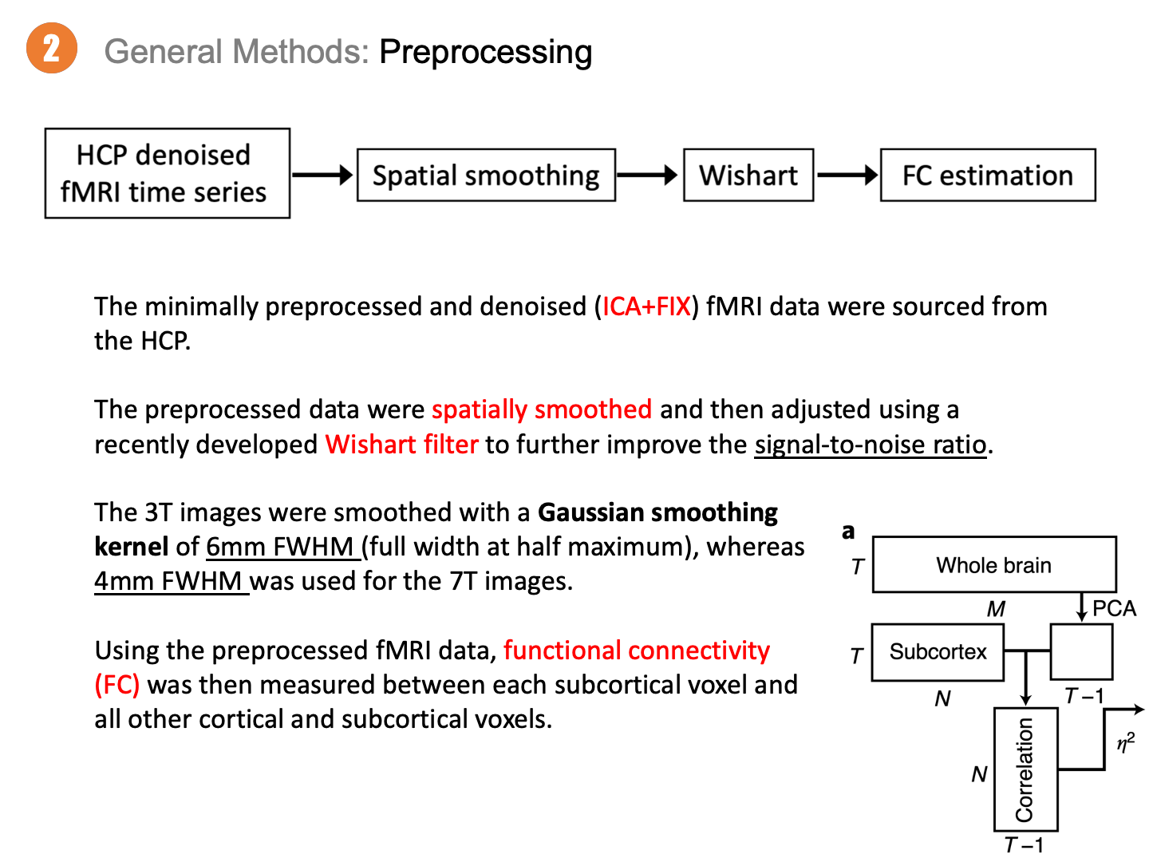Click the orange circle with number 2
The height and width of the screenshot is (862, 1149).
coord(52,49)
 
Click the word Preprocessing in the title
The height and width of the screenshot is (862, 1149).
coord(485,52)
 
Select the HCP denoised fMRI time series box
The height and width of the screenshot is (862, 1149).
coord(167,173)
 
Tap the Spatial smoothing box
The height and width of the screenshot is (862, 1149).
coord(486,175)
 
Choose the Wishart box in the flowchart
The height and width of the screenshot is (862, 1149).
coord(748,175)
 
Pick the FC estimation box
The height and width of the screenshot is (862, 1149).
coord(988,175)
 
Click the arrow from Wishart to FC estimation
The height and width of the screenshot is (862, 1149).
coord(847,175)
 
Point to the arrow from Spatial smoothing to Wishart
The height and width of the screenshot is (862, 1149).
coord(649,175)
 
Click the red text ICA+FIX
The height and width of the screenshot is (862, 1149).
coord(646,306)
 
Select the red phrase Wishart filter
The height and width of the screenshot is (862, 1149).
coord(401,444)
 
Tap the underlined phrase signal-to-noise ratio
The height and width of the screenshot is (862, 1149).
coord(871,444)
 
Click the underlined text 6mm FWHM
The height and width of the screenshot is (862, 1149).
coord(279,547)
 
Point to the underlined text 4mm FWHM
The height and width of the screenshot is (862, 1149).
coord(168,581)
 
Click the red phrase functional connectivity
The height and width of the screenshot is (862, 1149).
coord(636,650)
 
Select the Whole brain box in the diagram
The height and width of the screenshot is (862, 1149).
coord(994,565)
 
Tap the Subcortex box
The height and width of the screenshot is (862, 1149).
coord(938,652)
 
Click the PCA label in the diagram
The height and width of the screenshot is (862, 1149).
coord(1114,608)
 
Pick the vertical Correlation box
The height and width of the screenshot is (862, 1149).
coord(1025,769)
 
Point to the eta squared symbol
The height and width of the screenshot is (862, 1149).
coord(1125,743)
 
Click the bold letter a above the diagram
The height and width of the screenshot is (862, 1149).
coord(848,531)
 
